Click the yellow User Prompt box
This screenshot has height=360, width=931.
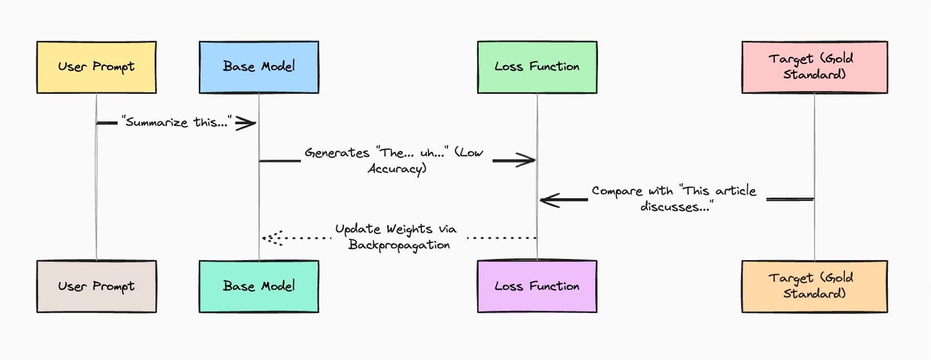coord(97,67)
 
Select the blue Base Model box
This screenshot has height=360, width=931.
coord(259,67)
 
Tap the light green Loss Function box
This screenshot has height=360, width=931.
coord(537,67)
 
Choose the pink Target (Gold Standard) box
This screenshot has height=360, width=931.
coord(814,67)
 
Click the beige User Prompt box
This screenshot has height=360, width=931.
coord(97,287)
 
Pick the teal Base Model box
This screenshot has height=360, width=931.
coord(259,287)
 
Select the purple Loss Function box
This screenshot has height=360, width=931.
coord(537,287)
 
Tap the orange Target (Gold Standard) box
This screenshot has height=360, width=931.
coord(814,287)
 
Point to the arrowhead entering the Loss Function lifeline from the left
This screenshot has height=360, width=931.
coord(525,160)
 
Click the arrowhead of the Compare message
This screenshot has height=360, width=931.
coord(551,200)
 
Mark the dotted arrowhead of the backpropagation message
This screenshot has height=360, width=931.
coord(273,238)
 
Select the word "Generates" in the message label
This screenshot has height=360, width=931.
coord(337,153)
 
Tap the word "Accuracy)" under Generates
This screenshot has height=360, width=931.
coord(398,169)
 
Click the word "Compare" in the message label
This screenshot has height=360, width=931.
coord(617,191)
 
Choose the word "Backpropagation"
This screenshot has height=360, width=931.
coord(399,245)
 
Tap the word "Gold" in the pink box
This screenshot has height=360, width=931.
coord(839,59)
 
